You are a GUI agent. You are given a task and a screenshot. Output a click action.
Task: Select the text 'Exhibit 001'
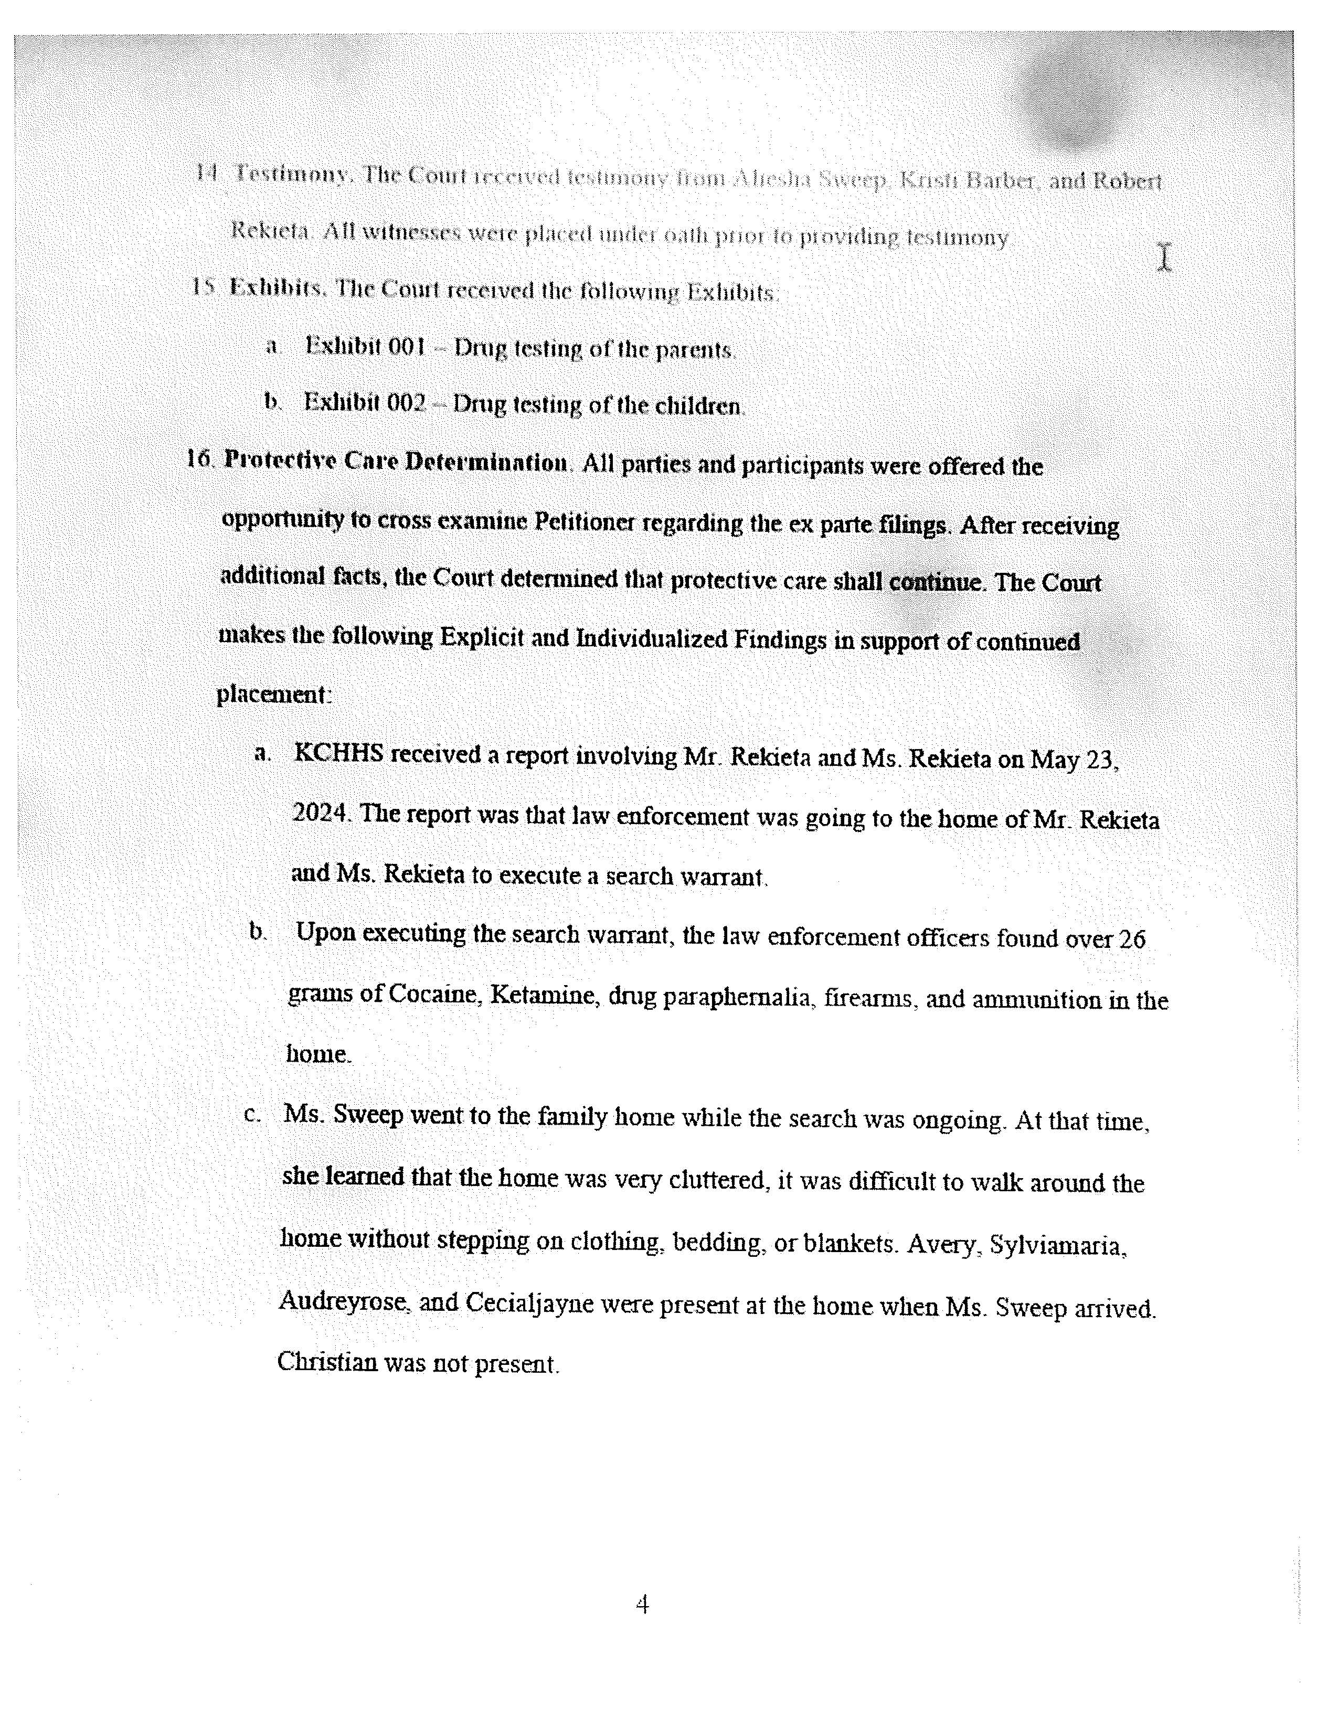[365, 347]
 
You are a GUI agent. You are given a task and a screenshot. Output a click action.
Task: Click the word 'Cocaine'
[435, 994]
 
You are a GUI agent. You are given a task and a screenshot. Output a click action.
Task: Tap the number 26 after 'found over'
[1131, 939]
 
